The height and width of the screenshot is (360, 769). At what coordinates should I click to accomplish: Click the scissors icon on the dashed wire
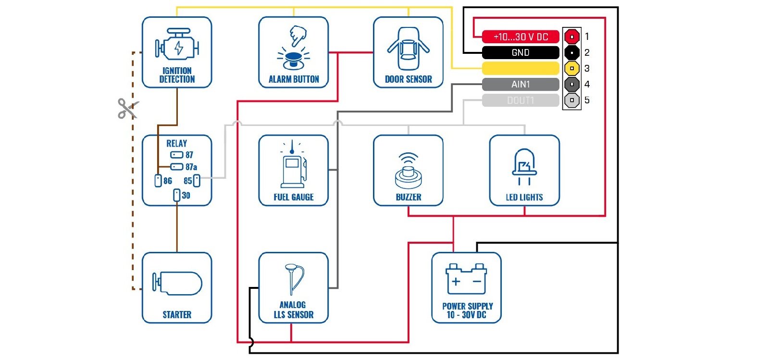coord(128,108)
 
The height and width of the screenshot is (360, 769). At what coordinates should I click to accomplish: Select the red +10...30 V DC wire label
coord(521,37)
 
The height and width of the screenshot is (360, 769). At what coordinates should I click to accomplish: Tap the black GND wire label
coord(521,52)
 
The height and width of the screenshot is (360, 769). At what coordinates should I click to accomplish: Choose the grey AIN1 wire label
coord(521,85)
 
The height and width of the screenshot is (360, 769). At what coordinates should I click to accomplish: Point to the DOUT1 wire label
coord(521,100)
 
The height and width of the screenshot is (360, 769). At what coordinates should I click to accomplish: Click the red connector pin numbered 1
coord(571,37)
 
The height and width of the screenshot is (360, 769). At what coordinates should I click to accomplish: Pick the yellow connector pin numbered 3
coord(571,68)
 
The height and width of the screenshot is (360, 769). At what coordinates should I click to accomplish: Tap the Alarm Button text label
coord(294,79)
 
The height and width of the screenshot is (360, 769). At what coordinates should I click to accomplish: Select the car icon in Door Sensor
coord(408,48)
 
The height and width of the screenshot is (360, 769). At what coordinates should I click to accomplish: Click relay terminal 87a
coord(177,167)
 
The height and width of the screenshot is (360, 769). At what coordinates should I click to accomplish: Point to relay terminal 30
coord(177,195)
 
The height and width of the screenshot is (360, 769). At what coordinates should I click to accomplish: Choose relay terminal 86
coord(158,181)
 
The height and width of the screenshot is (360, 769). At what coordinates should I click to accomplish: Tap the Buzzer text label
coord(409,197)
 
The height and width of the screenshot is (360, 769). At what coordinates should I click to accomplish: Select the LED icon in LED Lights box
coord(524,166)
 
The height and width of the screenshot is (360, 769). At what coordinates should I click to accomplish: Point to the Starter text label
coord(177,315)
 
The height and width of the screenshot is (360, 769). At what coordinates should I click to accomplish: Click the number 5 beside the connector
coord(587,100)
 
